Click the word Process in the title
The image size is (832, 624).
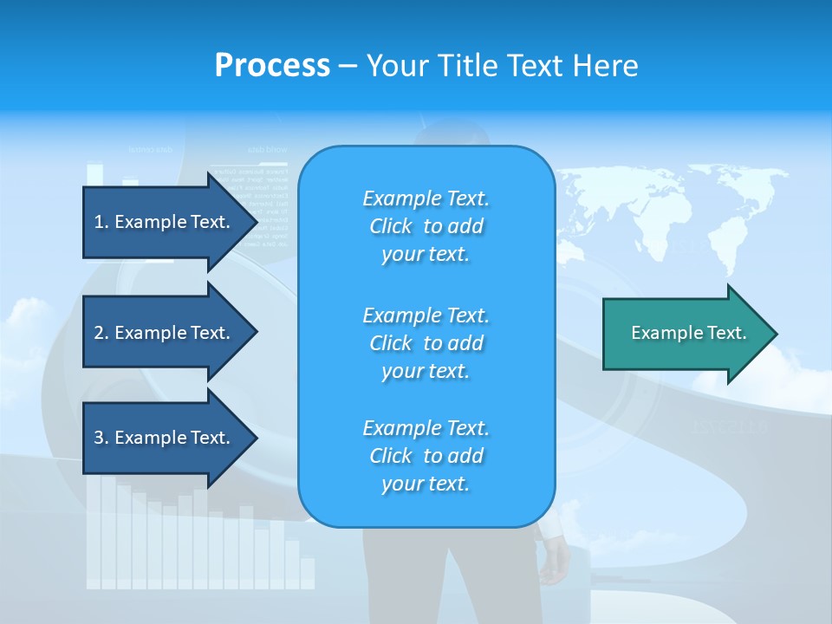272,66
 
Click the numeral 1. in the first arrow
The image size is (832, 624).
101,222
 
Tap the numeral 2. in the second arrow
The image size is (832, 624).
101,333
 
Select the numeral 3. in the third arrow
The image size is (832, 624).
101,438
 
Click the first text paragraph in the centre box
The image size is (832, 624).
426,226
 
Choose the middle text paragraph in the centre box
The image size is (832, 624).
426,343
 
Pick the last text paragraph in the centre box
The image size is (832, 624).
426,456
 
